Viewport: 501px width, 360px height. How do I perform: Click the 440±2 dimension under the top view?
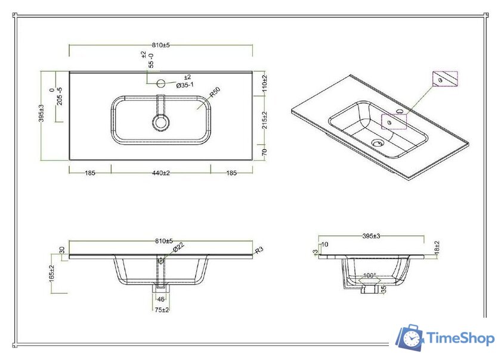click(161, 173)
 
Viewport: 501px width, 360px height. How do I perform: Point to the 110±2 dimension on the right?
click(264, 83)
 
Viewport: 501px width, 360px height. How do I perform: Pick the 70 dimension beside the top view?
click(264, 152)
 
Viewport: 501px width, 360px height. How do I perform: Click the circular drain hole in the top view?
click(161, 123)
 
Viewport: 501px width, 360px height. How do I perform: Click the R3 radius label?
click(259, 250)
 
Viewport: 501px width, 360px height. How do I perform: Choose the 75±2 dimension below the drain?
click(161, 309)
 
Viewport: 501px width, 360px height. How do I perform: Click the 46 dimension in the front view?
click(160, 299)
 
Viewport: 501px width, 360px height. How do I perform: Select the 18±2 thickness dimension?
click(437, 247)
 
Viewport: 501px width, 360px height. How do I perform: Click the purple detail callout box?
click(444, 79)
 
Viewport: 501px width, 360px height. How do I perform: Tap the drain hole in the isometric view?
click(376, 142)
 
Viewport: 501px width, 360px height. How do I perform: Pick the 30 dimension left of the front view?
click(61, 250)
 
